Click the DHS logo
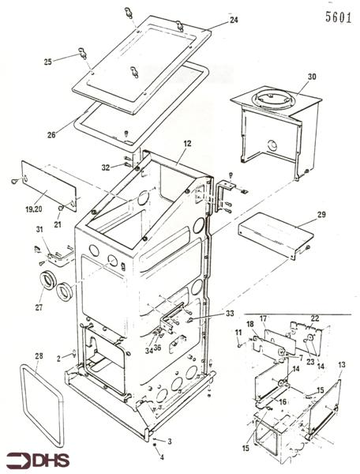(36, 459)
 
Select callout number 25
(47, 62)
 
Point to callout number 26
(51, 134)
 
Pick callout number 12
(188, 145)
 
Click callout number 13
(342, 365)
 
